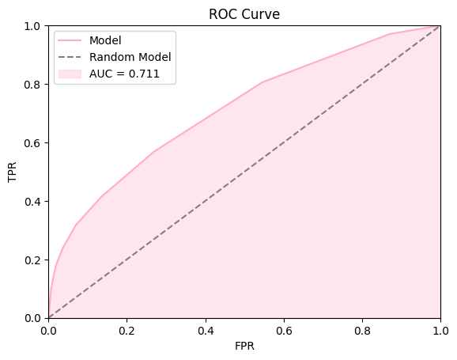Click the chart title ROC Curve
(244, 14)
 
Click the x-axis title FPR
(244, 347)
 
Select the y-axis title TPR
(13, 172)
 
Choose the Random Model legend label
(130, 58)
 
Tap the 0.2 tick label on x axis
(127, 328)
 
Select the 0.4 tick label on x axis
(206, 328)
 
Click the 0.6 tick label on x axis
(284, 328)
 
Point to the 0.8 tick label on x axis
(362, 328)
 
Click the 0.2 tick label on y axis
(34, 260)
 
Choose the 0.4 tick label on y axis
(34, 201)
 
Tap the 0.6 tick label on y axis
(34, 142)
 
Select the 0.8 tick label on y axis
(34, 85)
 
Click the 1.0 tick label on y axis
(34, 26)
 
